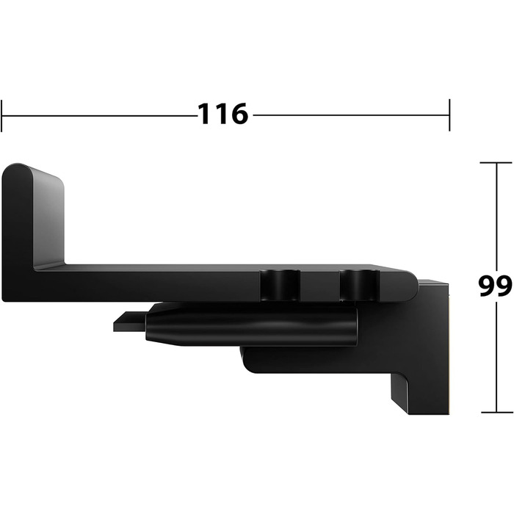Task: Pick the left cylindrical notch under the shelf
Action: pyautogui.click(x=280, y=285)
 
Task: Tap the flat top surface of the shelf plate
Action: pyautogui.click(x=220, y=267)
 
